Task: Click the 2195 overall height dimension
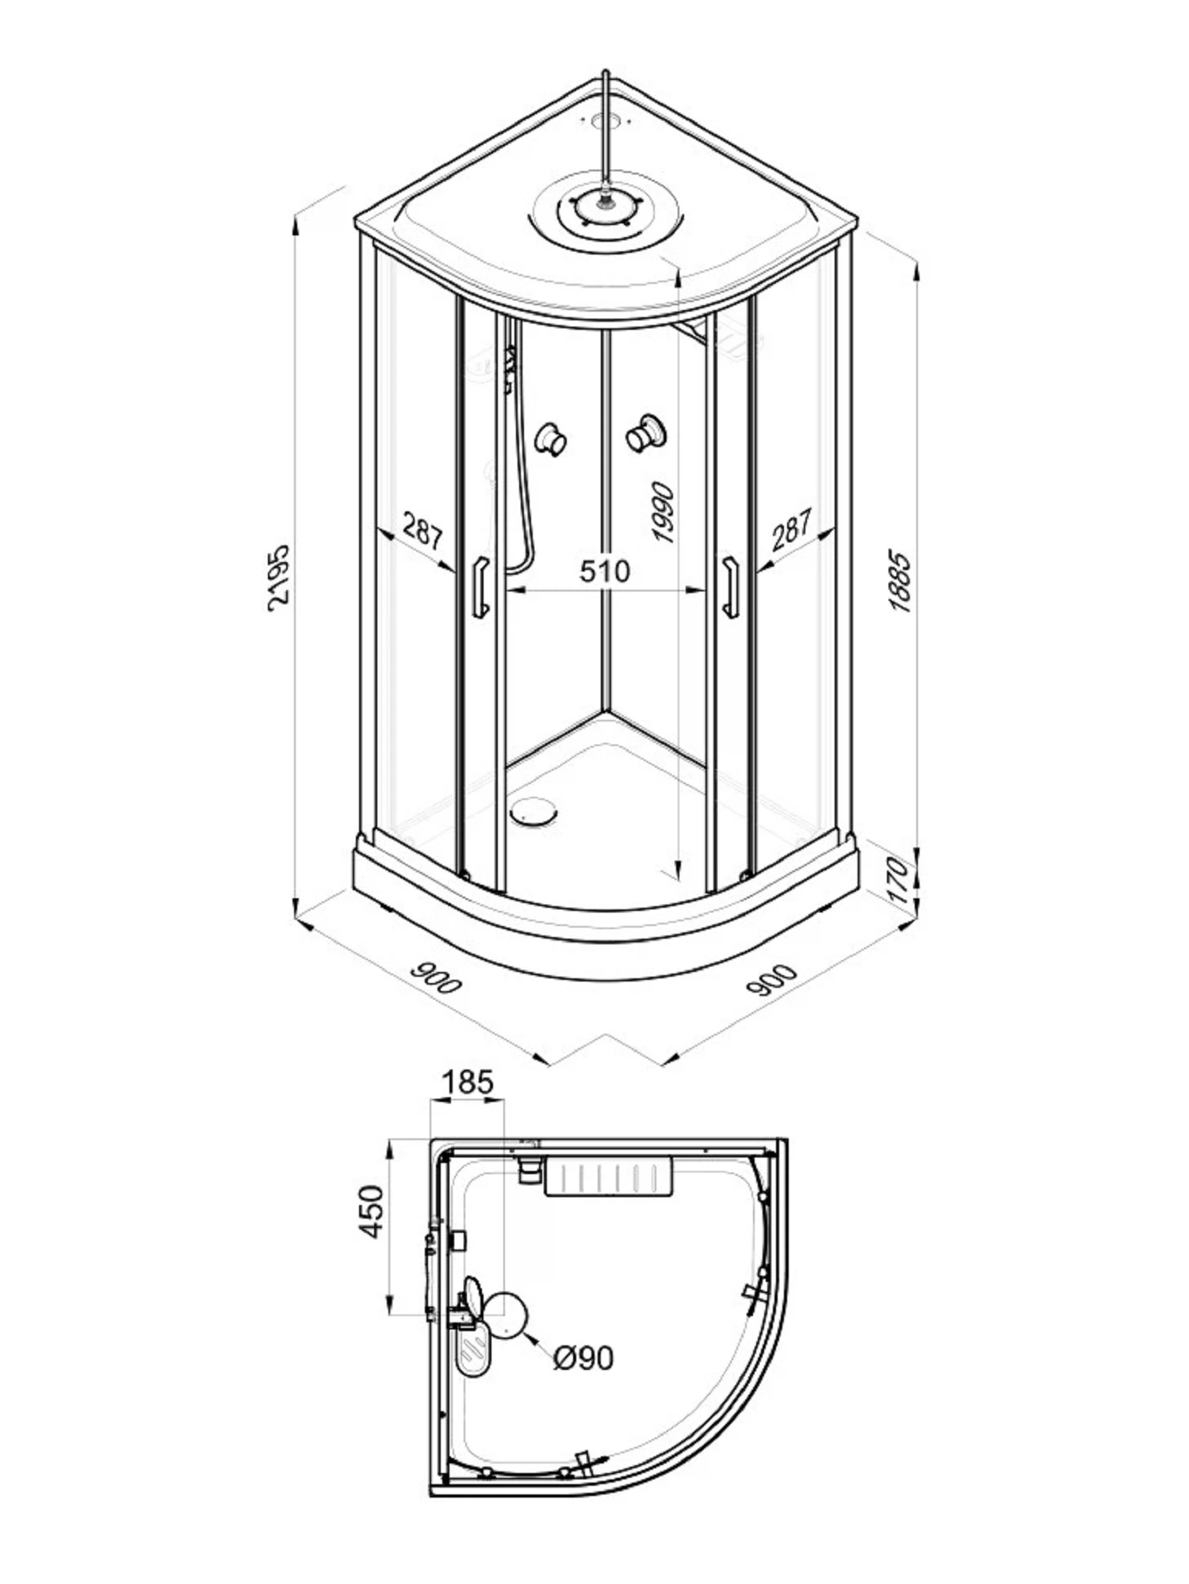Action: [279, 576]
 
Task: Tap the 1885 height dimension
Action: [900, 580]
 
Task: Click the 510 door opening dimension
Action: [605, 571]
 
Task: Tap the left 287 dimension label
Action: [422, 531]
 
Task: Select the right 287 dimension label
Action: [791, 530]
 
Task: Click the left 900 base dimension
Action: [435, 979]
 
